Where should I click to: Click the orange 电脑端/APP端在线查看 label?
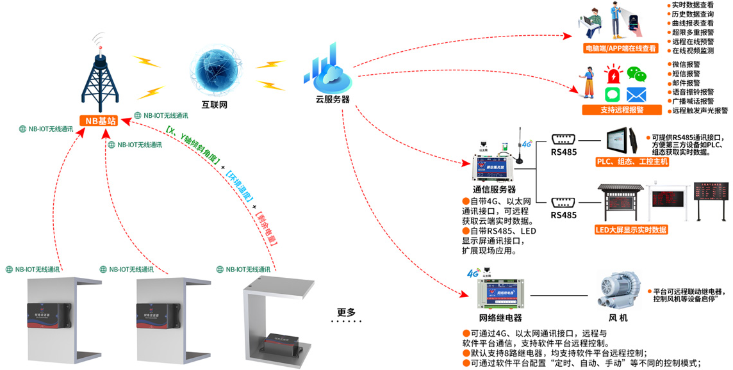point(620,48)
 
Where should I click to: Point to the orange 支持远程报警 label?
point(620,110)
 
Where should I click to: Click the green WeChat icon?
point(636,74)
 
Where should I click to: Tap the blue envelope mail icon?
point(636,95)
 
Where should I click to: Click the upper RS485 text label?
point(564,153)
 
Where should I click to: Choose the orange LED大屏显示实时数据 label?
point(632,229)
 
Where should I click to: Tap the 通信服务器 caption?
point(494,189)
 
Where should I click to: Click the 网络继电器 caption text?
point(500,318)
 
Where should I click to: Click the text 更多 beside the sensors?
point(347,312)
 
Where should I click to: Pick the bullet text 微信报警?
point(686,65)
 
